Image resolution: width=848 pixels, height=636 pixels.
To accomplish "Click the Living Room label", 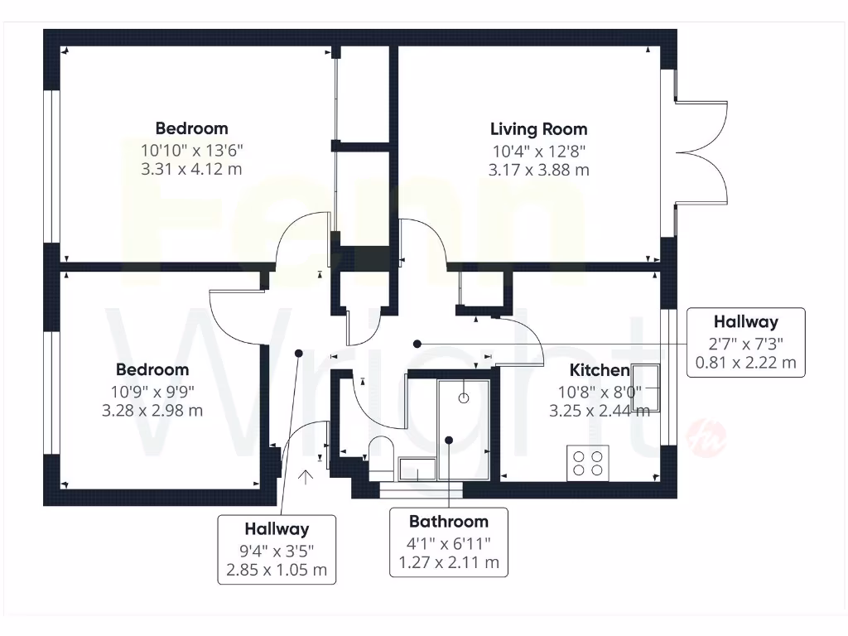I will tap(538, 129).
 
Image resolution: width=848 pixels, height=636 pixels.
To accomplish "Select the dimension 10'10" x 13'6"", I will tap(191, 150).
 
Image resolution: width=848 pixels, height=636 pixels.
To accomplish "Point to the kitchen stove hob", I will tap(588, 462).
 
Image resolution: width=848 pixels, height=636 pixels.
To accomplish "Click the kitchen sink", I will tap(647, 388).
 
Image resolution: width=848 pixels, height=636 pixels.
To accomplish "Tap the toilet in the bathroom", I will tap(381, 456).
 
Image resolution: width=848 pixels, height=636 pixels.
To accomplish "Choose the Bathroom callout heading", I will tap(449, 522).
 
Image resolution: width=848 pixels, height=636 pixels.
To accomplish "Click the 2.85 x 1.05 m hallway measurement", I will tap(277, 570).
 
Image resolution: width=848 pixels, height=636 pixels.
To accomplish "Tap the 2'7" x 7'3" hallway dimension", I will tap(746, 343).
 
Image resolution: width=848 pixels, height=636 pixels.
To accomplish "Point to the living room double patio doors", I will tap(702, 152).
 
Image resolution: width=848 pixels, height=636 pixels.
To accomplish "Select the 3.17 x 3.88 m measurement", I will tap(539, 171).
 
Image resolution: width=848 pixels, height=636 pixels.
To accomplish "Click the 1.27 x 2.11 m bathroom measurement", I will tap(449, 563).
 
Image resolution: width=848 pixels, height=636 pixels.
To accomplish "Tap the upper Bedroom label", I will tap(191, 128).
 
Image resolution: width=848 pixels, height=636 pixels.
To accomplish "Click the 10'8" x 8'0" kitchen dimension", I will tap(600, 391).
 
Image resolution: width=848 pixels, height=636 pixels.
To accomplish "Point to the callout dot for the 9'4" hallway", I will tap(298, 353).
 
